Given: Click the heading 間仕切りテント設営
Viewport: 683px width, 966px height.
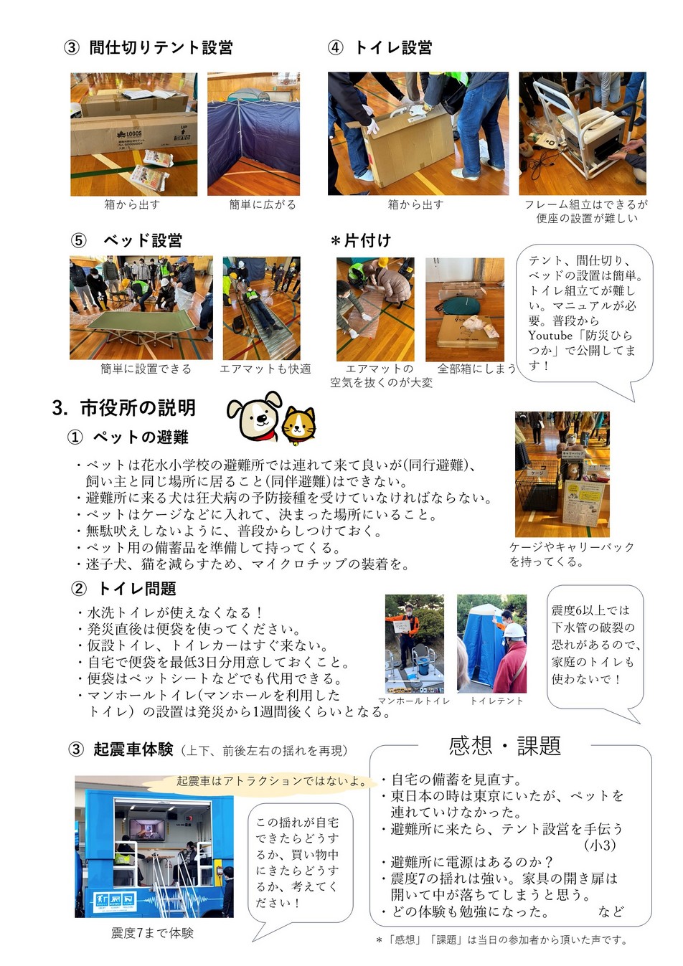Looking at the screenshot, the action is (x=161, y=47).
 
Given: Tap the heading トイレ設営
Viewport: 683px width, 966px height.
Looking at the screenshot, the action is (x=393, y=47).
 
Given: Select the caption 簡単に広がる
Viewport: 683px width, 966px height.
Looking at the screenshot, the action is (x=263, y=204).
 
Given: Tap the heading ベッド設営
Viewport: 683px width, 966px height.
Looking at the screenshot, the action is (x=142, y=240).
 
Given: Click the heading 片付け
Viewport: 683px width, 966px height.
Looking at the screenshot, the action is (x=367, y=240).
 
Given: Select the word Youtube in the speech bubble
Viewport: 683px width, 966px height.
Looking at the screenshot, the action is (x=550, y=335).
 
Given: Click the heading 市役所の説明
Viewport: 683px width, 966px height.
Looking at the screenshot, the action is (x=138, y=407).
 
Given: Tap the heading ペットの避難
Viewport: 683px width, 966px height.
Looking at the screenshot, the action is (x=141, y=437).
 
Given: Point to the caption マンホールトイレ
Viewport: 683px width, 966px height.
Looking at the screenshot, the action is (x=414, y=701).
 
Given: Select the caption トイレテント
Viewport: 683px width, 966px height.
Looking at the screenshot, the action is (x=496, y=701).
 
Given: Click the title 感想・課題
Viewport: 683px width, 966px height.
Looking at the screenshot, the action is (x=504, y=745).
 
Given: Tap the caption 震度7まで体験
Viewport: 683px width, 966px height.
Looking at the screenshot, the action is (x=152, y=933).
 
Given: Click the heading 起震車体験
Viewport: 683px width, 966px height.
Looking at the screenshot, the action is (x=133, y=749).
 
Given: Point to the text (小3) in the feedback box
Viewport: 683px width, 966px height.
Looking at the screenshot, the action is (x=600, y=845).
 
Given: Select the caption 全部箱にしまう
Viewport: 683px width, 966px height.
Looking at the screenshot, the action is (x=476, y=369).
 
